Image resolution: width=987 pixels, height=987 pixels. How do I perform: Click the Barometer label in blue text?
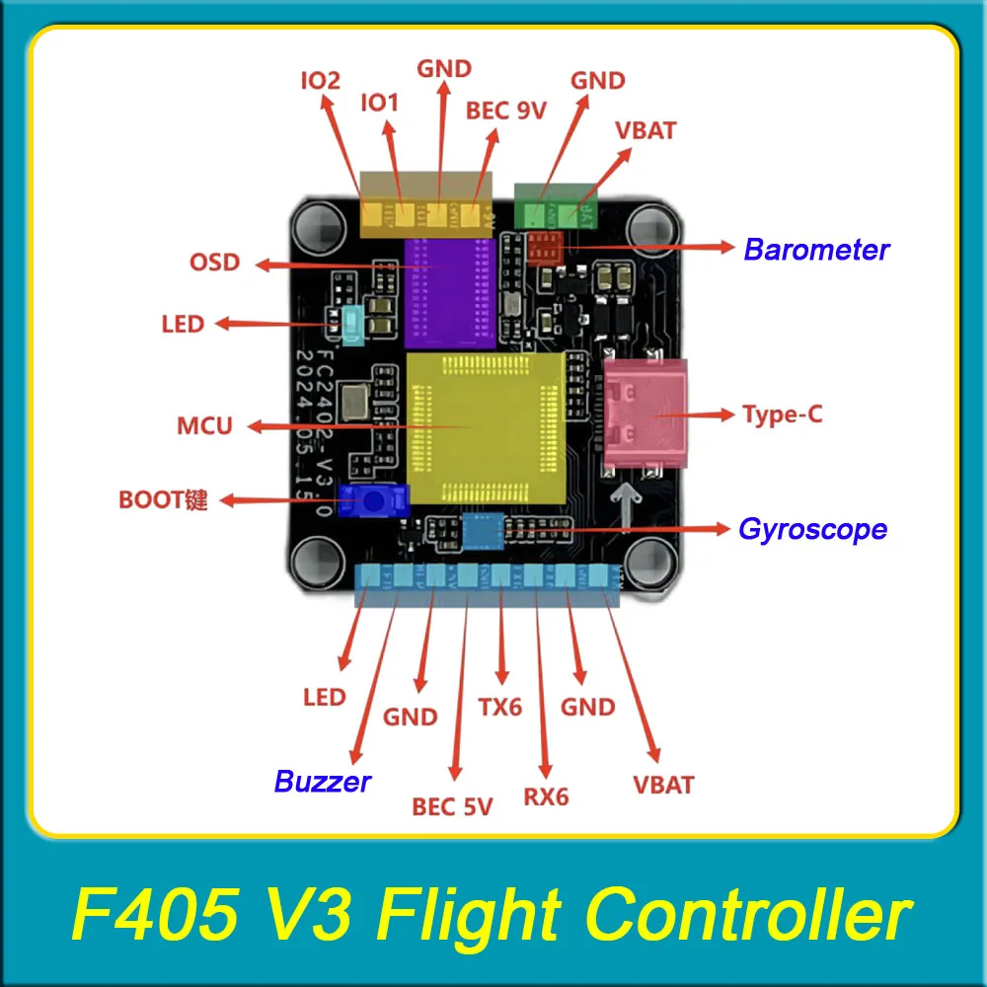[816, 250]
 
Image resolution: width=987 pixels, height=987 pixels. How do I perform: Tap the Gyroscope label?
[812, 530]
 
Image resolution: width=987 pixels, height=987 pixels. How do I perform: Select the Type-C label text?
[782, 415]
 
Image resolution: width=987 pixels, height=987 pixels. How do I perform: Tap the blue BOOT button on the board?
[372, 501]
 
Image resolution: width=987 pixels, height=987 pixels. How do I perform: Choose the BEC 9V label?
[505, 111]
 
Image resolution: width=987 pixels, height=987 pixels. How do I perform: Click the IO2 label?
[321, 79]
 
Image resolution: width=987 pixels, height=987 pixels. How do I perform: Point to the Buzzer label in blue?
[323, 783]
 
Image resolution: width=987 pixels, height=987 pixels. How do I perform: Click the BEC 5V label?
[452, 807]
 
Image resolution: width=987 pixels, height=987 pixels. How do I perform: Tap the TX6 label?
[499, 708]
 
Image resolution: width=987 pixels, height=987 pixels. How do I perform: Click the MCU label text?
[204, 427]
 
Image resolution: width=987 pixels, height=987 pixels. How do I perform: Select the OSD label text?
[214, 264]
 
